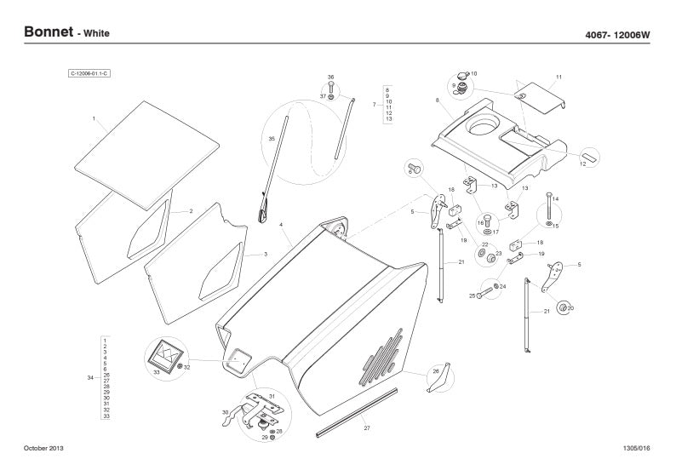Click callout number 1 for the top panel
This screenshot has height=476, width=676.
(94, 118)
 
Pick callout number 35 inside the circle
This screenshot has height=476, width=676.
(272, 138)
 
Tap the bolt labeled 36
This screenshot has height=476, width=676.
(331, 88)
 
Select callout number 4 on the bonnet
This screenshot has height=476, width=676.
(280, 224)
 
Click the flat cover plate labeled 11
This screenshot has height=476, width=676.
(541, 95)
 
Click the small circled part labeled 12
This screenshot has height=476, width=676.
(590, 157)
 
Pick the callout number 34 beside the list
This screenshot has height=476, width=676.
(91, 377)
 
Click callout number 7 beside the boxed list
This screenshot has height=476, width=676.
(375, 104)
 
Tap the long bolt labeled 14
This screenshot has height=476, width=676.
(547, 204)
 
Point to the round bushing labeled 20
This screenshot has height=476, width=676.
(562, 306)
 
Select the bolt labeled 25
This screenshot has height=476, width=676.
(482, 294)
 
